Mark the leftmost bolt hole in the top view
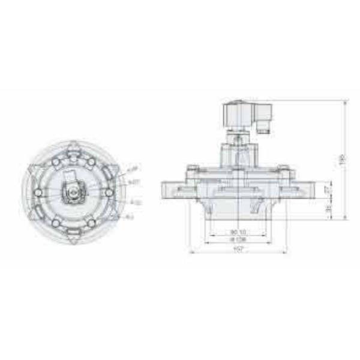[38, 192]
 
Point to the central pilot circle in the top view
[73, 192]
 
